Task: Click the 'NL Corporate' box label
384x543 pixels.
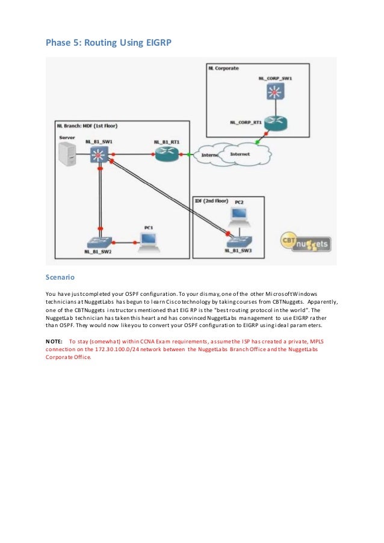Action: click(223, 69)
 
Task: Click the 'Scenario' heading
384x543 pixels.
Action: click(60, 278)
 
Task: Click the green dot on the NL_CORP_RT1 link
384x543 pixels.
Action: click(258, 143)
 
